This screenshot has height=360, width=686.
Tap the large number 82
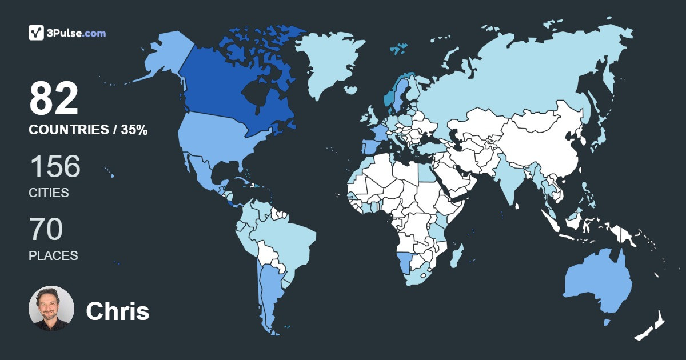[54, 99]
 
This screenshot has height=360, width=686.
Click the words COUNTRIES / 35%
[88, 130]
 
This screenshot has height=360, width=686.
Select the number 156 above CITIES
[55, 167]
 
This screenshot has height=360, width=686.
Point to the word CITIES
[49, 193]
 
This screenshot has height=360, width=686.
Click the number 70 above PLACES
[46, 230]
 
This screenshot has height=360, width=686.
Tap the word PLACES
[53, 256]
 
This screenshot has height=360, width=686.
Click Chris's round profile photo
[51, 309]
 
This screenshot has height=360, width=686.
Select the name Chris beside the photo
[118, 311]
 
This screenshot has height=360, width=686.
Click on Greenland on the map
[329, 63]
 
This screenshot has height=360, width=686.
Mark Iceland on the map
[399, 49]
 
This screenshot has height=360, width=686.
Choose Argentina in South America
[269, 291]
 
